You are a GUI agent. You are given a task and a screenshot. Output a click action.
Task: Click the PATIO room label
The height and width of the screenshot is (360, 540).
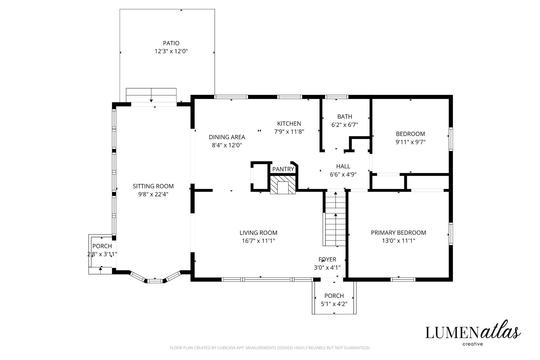click(171, 43)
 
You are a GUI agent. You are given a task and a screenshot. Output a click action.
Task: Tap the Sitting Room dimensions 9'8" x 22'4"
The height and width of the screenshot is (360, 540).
click(153, 194)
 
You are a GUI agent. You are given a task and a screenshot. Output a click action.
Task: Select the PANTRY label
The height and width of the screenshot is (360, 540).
click(283, 169)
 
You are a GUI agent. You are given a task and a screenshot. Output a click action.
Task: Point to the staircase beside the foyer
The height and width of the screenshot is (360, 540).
click(335, 219)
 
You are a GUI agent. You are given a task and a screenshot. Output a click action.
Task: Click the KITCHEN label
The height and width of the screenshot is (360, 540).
click(289, 124)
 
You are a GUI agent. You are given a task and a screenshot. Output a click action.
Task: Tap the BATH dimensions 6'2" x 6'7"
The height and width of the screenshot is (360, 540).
click(345, 125)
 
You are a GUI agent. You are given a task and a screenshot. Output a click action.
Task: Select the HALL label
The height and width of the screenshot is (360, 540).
click(343, 166)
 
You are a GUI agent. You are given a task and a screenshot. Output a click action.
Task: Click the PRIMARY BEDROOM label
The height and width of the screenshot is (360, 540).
click(398, 232)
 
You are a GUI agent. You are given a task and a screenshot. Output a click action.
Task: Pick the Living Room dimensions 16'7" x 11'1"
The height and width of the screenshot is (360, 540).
click(258, 241)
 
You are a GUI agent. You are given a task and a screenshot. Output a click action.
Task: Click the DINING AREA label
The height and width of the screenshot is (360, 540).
click(227, 137)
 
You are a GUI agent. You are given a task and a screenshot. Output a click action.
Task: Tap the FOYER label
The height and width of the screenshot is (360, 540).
click(327, 259)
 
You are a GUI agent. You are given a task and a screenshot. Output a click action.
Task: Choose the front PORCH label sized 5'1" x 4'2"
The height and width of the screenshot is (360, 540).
click(334, 296)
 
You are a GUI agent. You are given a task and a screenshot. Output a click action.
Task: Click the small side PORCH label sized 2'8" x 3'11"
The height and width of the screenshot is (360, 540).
click(102, 246)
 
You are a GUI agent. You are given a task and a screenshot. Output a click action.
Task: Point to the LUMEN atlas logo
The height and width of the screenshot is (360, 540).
click(473, 333)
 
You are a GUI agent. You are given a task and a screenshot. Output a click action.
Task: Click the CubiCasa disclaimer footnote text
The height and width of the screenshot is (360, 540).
click(270, 348)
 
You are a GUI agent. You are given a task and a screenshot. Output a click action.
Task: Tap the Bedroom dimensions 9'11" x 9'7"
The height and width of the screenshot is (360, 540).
click(410, 142)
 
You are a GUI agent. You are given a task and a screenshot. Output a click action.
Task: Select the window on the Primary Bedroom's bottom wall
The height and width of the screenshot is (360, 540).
click(403, 280)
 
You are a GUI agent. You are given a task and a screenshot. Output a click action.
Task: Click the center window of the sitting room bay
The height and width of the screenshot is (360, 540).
click(155, 281)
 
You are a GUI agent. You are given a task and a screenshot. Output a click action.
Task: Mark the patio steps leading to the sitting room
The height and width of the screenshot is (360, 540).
click(151, 95)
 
